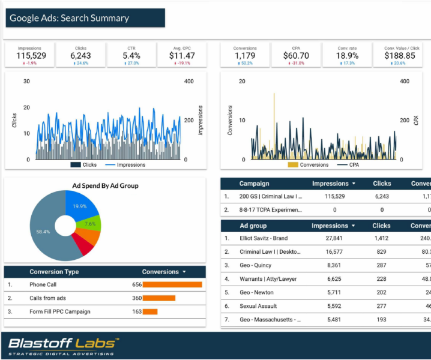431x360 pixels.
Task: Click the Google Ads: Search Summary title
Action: click(x=70, y=18)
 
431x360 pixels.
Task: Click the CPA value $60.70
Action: click(x=296, y=56)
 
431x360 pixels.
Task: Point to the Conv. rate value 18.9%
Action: click(x=347, y=56)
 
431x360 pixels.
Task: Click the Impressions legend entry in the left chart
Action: click(x=130, y=164)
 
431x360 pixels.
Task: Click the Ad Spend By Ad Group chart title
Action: click(x=105, y=186)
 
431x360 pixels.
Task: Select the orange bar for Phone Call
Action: click(x=172, y=285)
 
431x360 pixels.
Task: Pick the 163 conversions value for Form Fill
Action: click(x=136, y=311)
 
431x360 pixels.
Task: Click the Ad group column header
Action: click(x=253, y=226)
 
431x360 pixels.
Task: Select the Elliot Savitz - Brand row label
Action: click(x=264, y=238)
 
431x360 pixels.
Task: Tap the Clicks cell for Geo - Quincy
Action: click(x=381, y=265)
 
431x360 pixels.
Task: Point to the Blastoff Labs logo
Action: click(x=63, y=345)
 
